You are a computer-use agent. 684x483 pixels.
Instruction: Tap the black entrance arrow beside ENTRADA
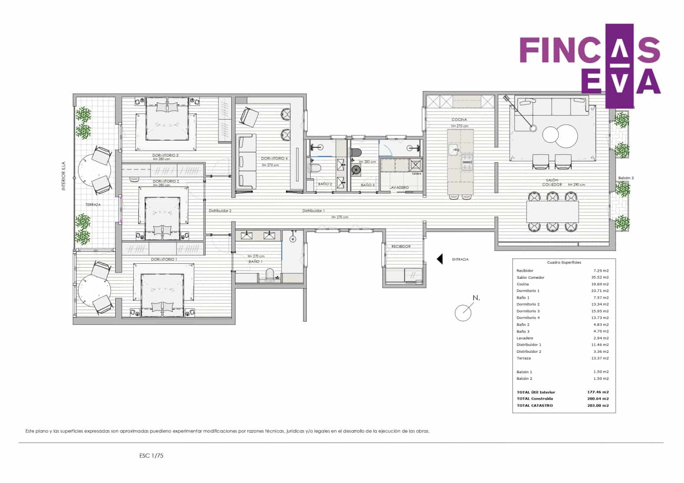(440, 259)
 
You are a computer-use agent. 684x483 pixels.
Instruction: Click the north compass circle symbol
(463, 313)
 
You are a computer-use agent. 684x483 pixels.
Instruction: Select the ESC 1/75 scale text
(151, 456)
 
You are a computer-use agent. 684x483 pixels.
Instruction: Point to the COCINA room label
(459, 120)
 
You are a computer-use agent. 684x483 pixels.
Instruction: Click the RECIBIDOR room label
(401, 247)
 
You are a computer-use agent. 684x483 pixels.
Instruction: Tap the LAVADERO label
(399, 187)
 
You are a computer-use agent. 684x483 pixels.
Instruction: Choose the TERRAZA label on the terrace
(93, 205)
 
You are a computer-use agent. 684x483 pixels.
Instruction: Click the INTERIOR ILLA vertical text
(64, 176)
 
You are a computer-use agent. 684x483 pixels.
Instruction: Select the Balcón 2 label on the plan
(626, 178)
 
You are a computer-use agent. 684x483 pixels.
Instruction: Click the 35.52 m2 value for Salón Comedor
(601, 277)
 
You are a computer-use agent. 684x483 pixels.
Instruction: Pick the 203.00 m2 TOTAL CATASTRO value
(599, 405)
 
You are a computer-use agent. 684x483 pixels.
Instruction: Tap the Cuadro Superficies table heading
(564, 262)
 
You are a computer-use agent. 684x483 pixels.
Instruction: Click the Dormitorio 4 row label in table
(528, 318)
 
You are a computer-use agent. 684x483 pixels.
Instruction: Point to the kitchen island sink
(454, 150)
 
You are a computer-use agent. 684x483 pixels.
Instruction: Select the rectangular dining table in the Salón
(552, 212)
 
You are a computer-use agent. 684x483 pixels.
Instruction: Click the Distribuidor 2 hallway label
(220, 211)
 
